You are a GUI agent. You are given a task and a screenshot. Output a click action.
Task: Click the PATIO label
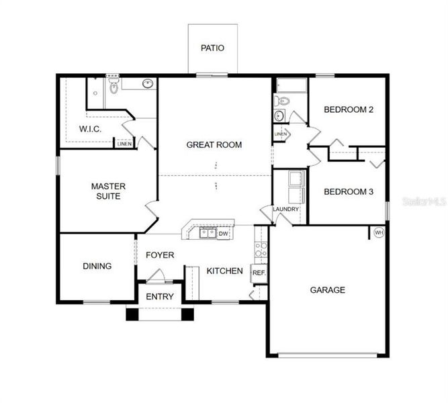point(212,48)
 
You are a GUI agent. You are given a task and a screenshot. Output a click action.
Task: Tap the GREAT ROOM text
point(214,144)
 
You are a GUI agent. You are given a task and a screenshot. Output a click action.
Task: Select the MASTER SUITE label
point(107,191)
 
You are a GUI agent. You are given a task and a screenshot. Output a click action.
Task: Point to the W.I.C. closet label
point(90,129)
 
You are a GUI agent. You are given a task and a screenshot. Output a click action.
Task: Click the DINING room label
point(97,266)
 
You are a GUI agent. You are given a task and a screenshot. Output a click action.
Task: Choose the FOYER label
point(159,255)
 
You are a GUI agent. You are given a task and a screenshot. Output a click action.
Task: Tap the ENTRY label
point(159,296)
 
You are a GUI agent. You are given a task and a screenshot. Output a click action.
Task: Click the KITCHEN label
point(224,271)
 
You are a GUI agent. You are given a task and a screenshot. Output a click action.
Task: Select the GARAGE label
point(327,290)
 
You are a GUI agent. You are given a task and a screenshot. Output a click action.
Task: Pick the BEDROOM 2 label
point(349,109)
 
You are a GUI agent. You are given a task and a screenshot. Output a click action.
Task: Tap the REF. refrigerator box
point(259,273)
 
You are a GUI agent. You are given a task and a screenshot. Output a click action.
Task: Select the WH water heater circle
point(378,233)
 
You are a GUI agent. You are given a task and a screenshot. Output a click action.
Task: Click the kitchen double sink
point(208,233)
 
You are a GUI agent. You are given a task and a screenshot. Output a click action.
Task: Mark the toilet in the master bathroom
point(114,86)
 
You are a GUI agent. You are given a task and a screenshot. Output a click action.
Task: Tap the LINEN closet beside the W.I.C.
point(124,143)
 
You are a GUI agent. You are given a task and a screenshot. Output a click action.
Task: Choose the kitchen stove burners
point(261,251)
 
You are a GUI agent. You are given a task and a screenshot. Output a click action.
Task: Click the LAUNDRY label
point(285,210)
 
